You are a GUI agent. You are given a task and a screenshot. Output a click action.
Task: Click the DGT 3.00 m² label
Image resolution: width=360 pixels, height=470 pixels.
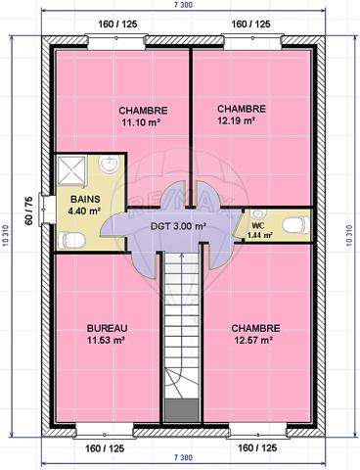(x=176, y=225)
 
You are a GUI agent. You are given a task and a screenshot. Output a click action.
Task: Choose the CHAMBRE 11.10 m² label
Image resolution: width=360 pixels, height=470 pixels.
(x=143, y=117)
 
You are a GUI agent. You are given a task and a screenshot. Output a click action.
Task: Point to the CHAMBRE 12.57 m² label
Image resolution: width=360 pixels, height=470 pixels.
(x=256, y=334)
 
